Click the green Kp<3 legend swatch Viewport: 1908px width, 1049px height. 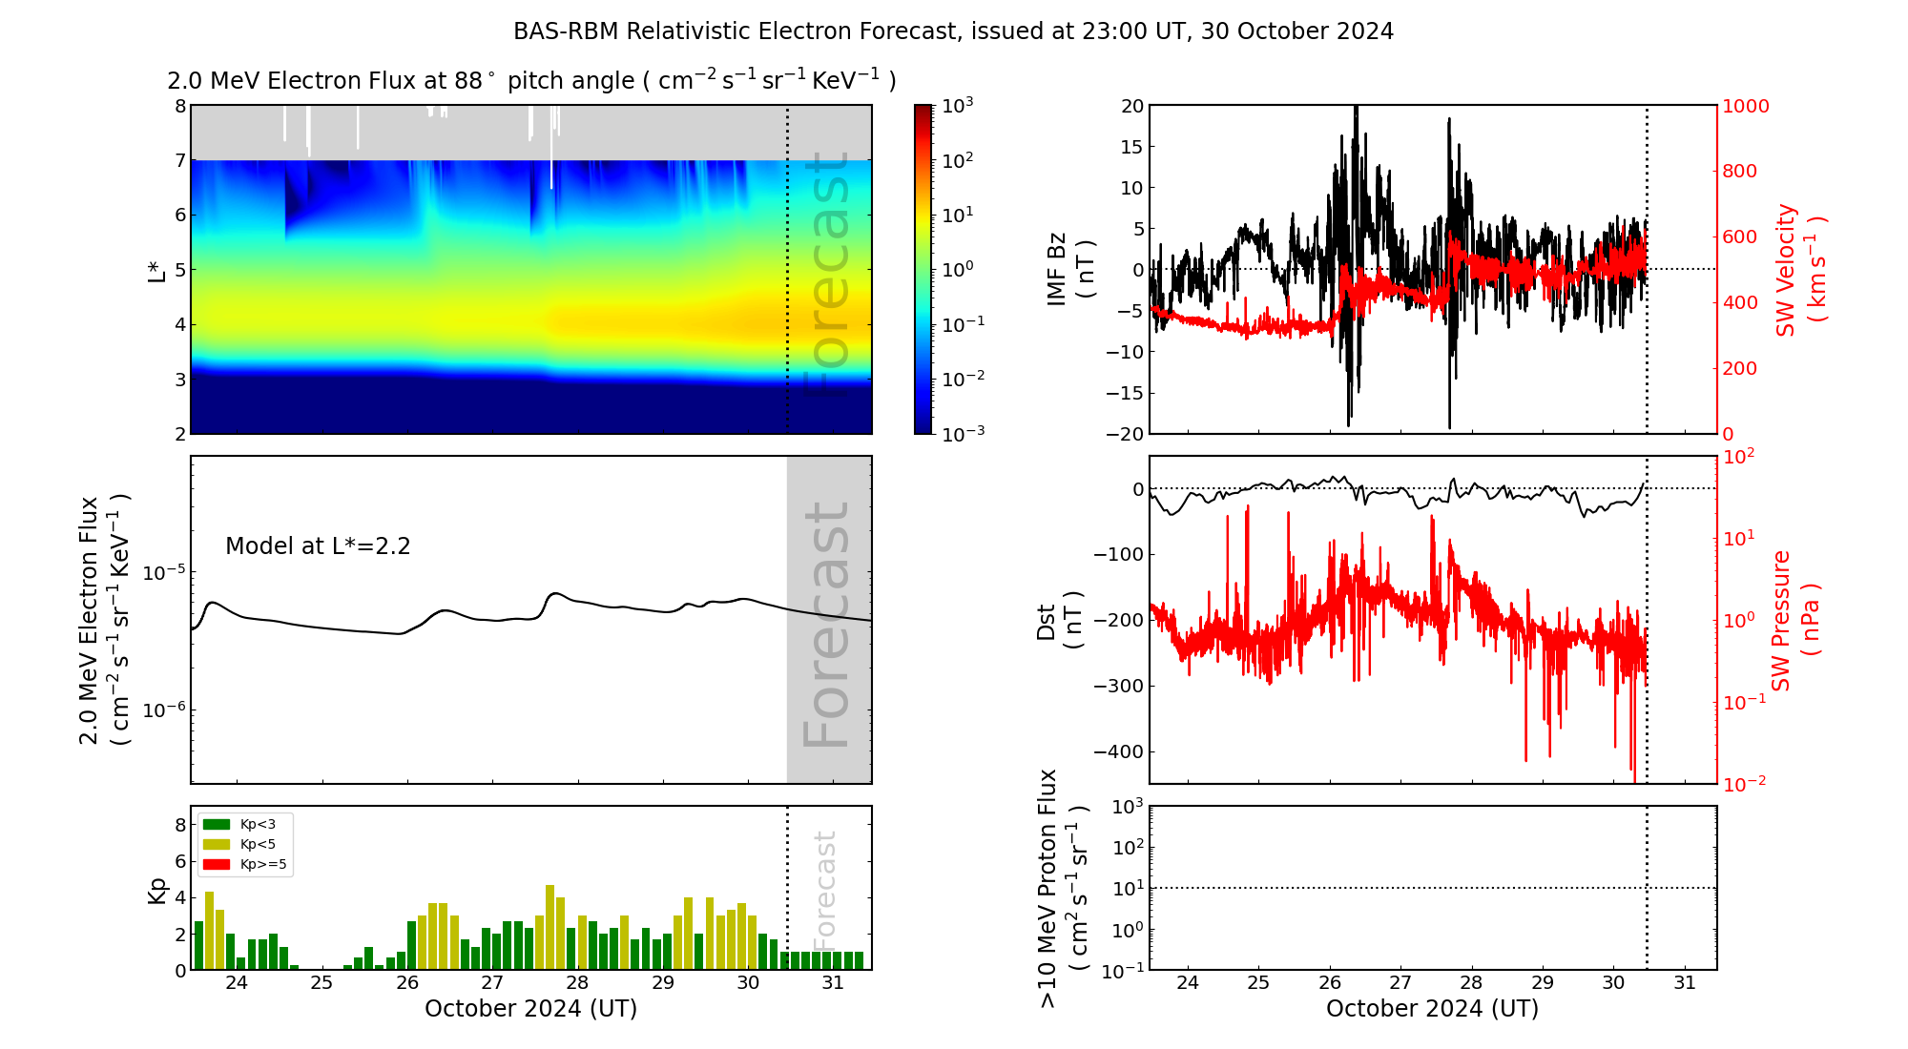point(217,824)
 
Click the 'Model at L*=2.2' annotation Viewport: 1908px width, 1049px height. point(318,546)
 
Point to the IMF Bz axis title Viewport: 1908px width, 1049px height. point(1069,269)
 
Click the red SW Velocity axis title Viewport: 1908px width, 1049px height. point(1799,269)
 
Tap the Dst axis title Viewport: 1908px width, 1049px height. point(1059,620)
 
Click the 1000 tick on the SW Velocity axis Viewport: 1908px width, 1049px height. point(1745,106)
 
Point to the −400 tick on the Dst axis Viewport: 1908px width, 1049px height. point(1118,751)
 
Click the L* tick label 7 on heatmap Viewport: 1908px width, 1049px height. point(179,160)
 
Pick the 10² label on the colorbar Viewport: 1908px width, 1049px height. point(957,160)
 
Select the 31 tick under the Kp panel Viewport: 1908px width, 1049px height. point(833,983)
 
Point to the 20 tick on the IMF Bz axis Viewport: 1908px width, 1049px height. point(1131,106)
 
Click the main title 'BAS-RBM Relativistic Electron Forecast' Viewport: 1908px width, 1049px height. point(735,31)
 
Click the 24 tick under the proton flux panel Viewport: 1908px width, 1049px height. point(1188,983)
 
